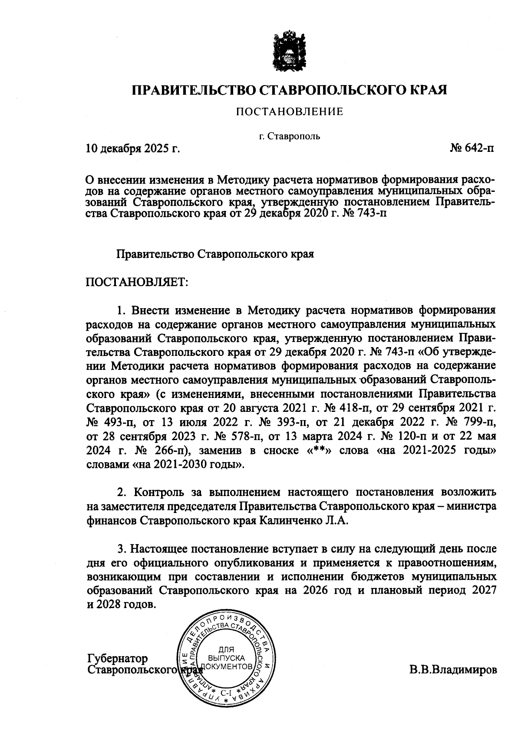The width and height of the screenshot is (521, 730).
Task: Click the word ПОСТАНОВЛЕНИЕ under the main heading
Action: [289, 112]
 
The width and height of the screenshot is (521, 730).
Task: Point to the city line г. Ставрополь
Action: [289, 137]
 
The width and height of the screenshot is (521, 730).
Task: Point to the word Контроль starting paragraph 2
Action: [160, 492]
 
